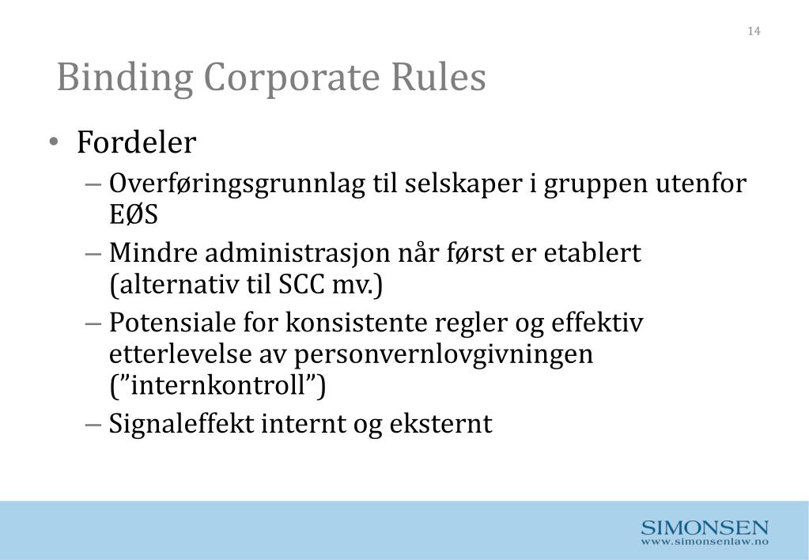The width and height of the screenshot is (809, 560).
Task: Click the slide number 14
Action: [753, 31]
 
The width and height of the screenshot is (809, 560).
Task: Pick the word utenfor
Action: [701, 184]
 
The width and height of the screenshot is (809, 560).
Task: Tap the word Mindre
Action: [154, 254]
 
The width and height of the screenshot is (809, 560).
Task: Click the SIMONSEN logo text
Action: [705, 528]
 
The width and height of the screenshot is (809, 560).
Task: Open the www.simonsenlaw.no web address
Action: [705, 543]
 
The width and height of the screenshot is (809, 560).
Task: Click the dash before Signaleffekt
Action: [93, 424]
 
